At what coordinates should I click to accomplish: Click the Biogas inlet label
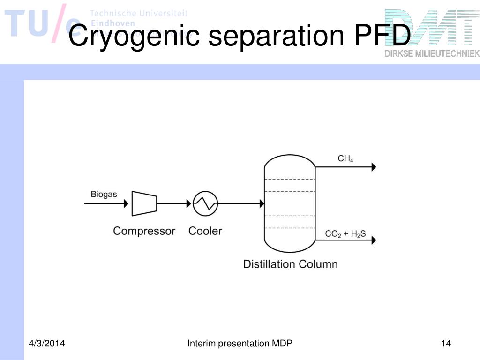(104, 194)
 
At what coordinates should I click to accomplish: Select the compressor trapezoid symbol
(144, 203)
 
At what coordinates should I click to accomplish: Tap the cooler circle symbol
(205, 203)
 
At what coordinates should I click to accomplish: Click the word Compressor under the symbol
(144, 231)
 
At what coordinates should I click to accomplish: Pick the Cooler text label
(205, 231)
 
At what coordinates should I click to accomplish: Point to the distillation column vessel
(290, 203)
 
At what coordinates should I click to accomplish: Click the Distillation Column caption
(290, 264)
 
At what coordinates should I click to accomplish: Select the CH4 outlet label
(345, 159)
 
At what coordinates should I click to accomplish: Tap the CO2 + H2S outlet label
(345, 233)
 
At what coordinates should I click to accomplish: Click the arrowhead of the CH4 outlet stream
(374, 166)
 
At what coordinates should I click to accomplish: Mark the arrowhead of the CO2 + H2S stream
(374, 240)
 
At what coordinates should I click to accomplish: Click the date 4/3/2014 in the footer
(45, 344)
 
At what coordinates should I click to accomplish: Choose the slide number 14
(446, 344)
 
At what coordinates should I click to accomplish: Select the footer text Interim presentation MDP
(240, 344)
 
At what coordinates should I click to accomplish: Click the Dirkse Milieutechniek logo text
(432, 53)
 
